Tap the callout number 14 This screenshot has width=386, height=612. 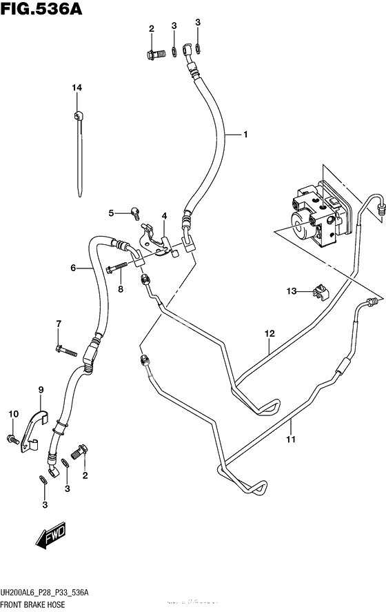[77, 87]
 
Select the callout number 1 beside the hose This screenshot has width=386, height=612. [244, 135]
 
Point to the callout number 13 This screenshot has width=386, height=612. [292, 292]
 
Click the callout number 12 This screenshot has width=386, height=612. [268, 334]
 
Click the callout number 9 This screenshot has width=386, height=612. [41, 390]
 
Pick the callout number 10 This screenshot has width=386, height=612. [12, 413]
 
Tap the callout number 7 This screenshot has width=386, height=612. [59, 324]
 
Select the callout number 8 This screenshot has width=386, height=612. [120, 289]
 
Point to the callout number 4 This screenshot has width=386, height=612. [164, 216]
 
